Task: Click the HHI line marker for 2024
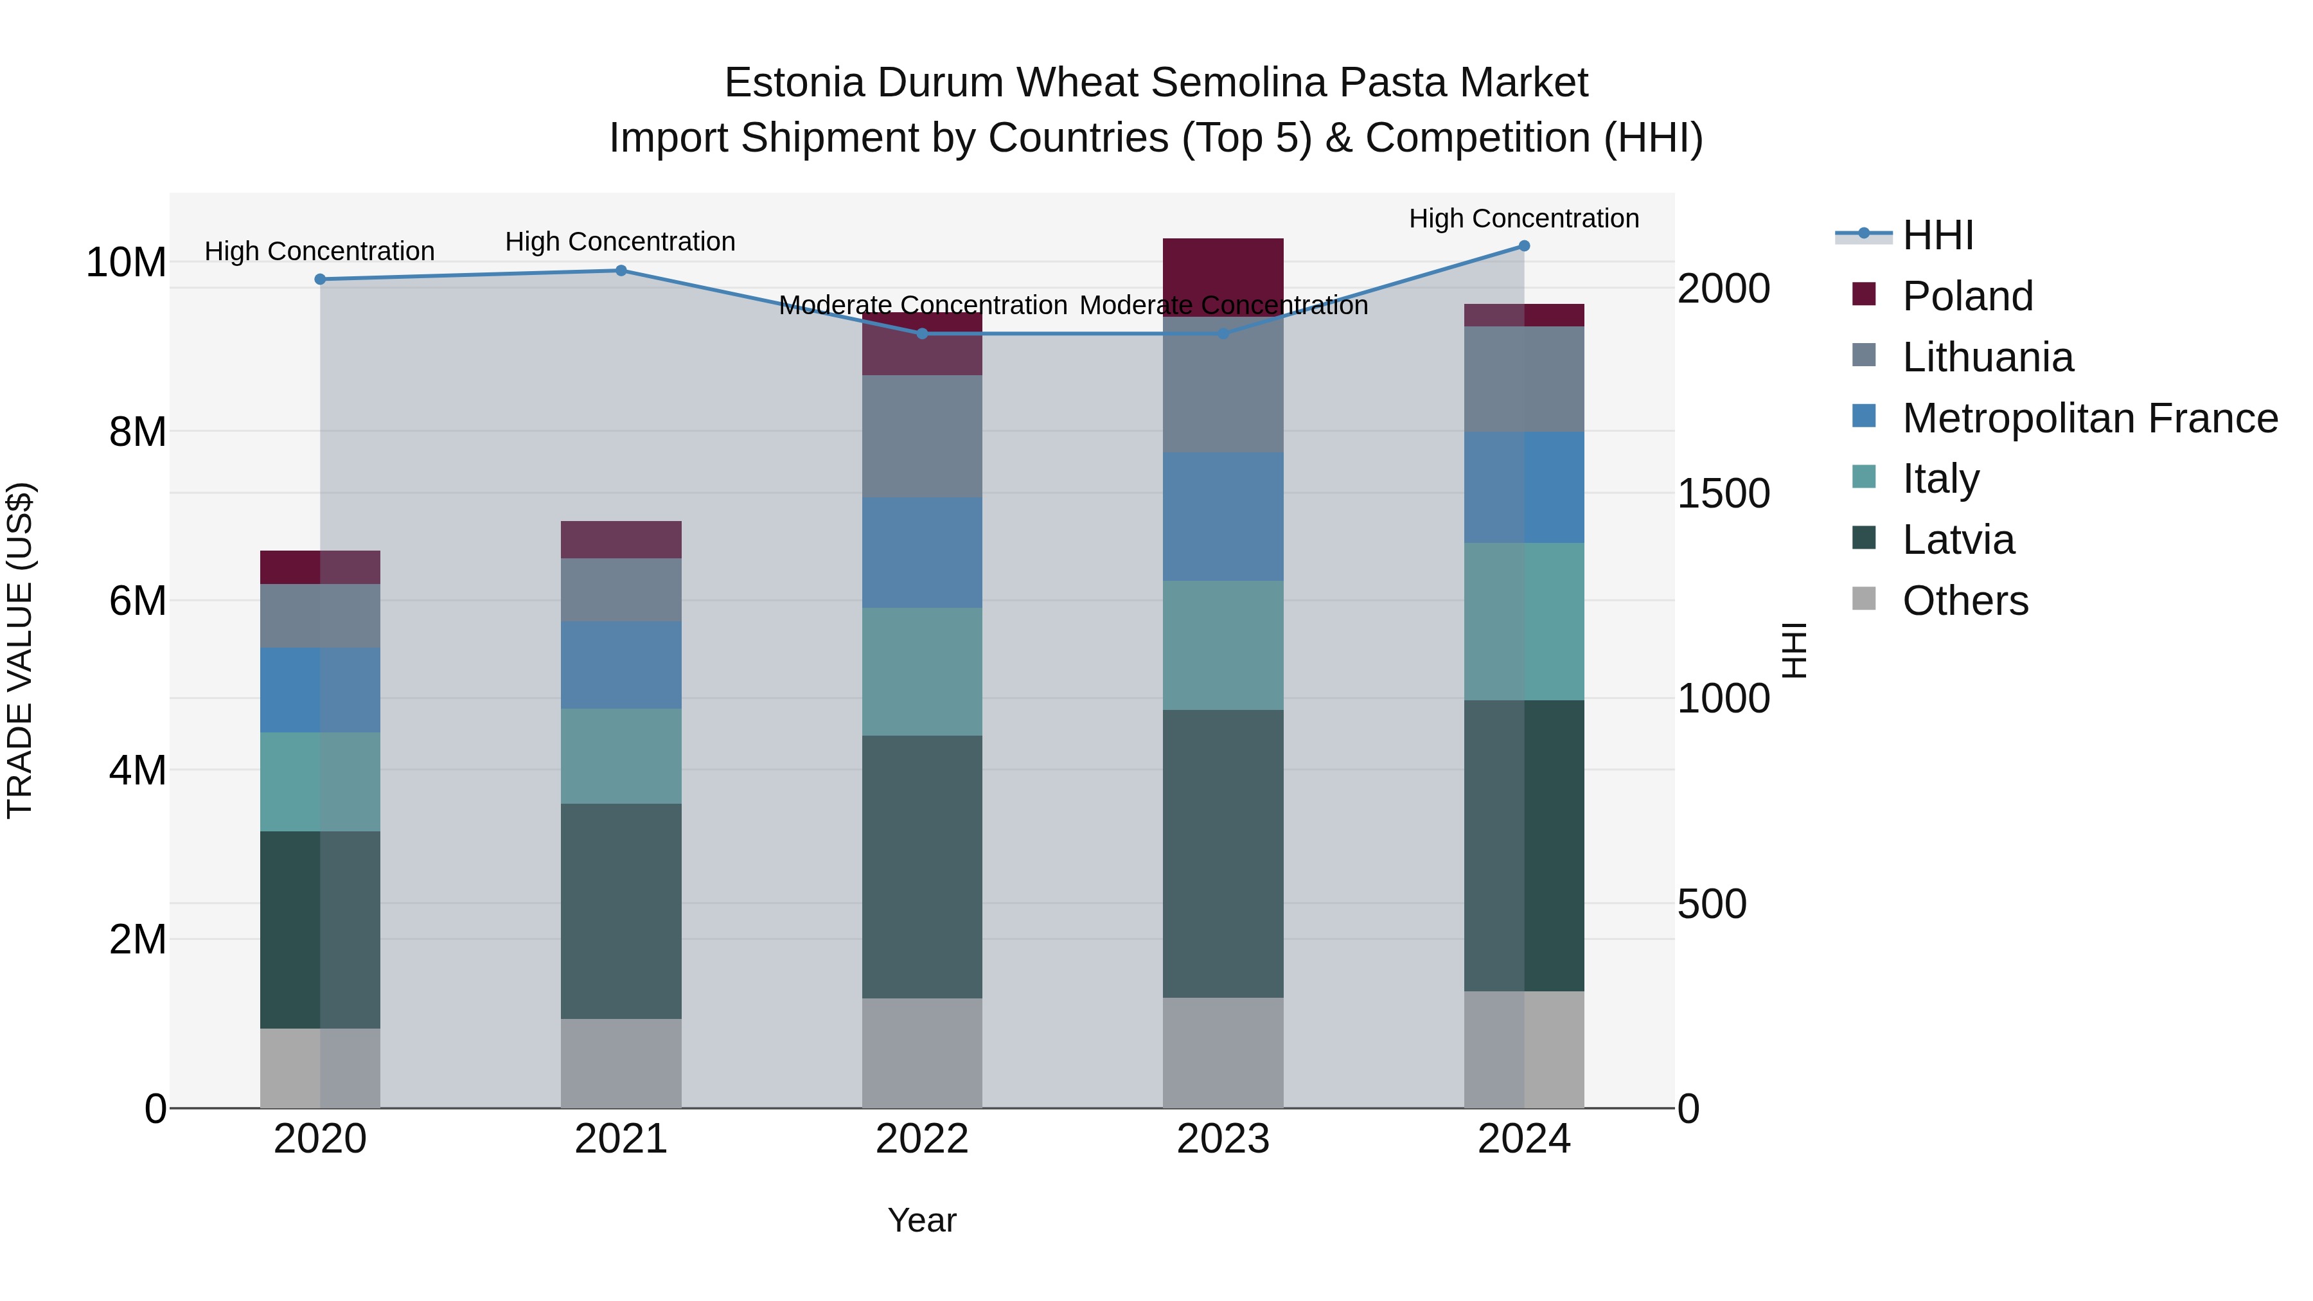1524,246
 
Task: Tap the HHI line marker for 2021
621,270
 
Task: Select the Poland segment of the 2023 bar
1223,276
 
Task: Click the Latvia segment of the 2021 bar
621,910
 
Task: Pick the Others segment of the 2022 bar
922,1052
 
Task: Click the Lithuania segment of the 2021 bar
621,590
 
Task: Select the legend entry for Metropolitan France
2089,418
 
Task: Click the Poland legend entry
1967,296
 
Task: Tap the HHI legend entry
1936,235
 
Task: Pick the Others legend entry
1965,601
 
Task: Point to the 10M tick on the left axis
126,262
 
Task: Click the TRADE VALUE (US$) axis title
20,650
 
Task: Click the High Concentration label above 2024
1524,218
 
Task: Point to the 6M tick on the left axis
137,601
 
